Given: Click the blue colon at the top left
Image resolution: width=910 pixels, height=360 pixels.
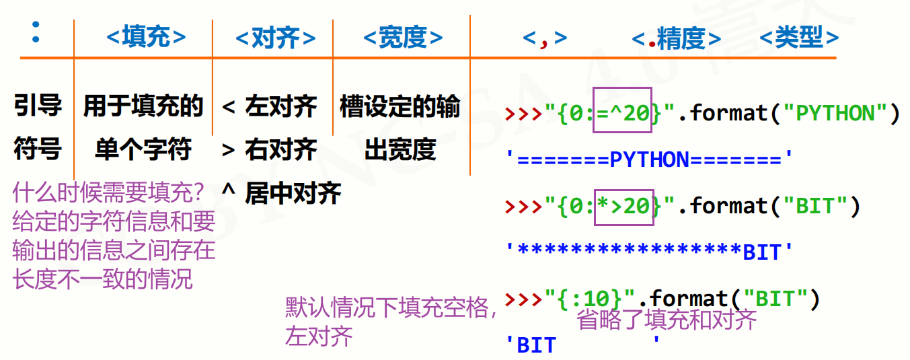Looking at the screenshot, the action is tap(36, 32).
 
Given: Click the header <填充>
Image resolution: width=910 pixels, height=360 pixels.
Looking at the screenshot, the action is tap(146, 37).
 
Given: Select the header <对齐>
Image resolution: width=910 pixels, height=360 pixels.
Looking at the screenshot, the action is tap(276, 38).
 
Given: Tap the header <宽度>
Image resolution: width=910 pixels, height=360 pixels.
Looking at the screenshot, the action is tap(403, 38).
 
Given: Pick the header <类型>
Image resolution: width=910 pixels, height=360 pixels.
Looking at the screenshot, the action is tap(799, 38).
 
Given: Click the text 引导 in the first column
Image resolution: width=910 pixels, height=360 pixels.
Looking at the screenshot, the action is tap(38, 106).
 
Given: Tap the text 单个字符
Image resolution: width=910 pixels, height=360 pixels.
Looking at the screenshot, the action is tap(143, 149).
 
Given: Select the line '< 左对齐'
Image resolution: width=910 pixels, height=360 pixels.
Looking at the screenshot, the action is tap(269, 106).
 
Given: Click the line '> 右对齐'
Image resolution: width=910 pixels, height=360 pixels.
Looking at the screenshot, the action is tap(269, 149).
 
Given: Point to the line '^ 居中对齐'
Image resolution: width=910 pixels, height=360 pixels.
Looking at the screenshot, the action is tap(281, 194).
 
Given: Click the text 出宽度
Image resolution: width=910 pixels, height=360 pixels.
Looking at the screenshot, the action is tap(400, 149).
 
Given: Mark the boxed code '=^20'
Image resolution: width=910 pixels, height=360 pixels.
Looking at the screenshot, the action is tap(622, 113).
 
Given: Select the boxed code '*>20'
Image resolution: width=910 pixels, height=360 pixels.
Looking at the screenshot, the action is tap(623, 206).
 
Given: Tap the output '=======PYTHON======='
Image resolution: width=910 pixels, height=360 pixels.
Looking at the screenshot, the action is tap(650, 159).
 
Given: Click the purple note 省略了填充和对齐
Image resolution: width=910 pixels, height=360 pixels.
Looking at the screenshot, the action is tap(667, 320).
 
